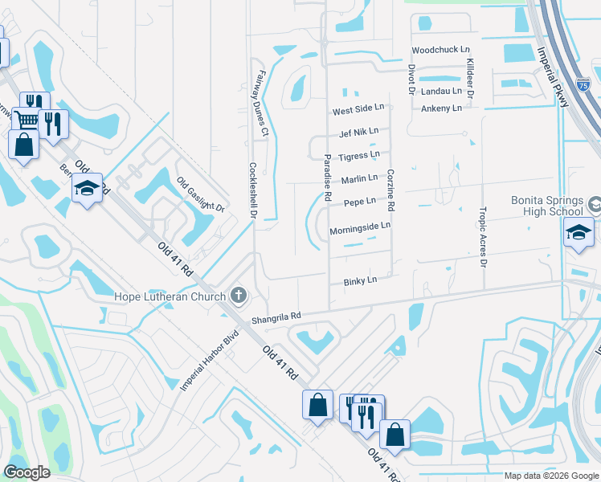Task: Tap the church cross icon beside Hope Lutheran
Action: [x=238, y=296]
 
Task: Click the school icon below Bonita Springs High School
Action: [x=577, y=233]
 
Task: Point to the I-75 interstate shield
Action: [x=586, y=83]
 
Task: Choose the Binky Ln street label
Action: [x=360, y=280]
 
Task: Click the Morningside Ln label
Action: [x=360, y=227]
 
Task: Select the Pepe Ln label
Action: [x=359, y=202]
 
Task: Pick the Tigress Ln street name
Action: [x=359, y=155]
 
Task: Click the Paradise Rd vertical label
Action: [x=328, y=178]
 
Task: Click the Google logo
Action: [x=27, y=472]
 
